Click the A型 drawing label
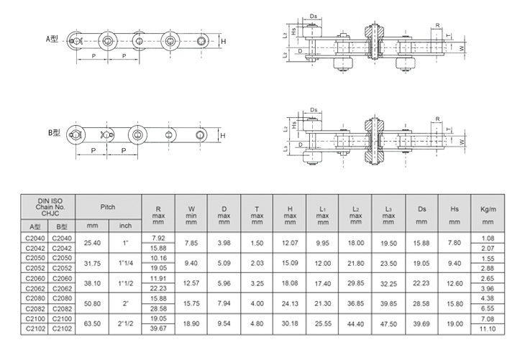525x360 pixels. (52, 39)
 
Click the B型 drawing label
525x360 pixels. (54, 133)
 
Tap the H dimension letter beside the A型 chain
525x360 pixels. (224, 42)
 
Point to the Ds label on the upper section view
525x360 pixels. (314, 16)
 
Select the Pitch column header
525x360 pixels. (108, 207)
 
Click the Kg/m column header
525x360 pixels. (488, 209)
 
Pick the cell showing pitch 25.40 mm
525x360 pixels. (92, 243)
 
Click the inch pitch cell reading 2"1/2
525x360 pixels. (126, 323)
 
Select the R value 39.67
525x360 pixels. (158, 328)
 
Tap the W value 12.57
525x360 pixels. (191, 283)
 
